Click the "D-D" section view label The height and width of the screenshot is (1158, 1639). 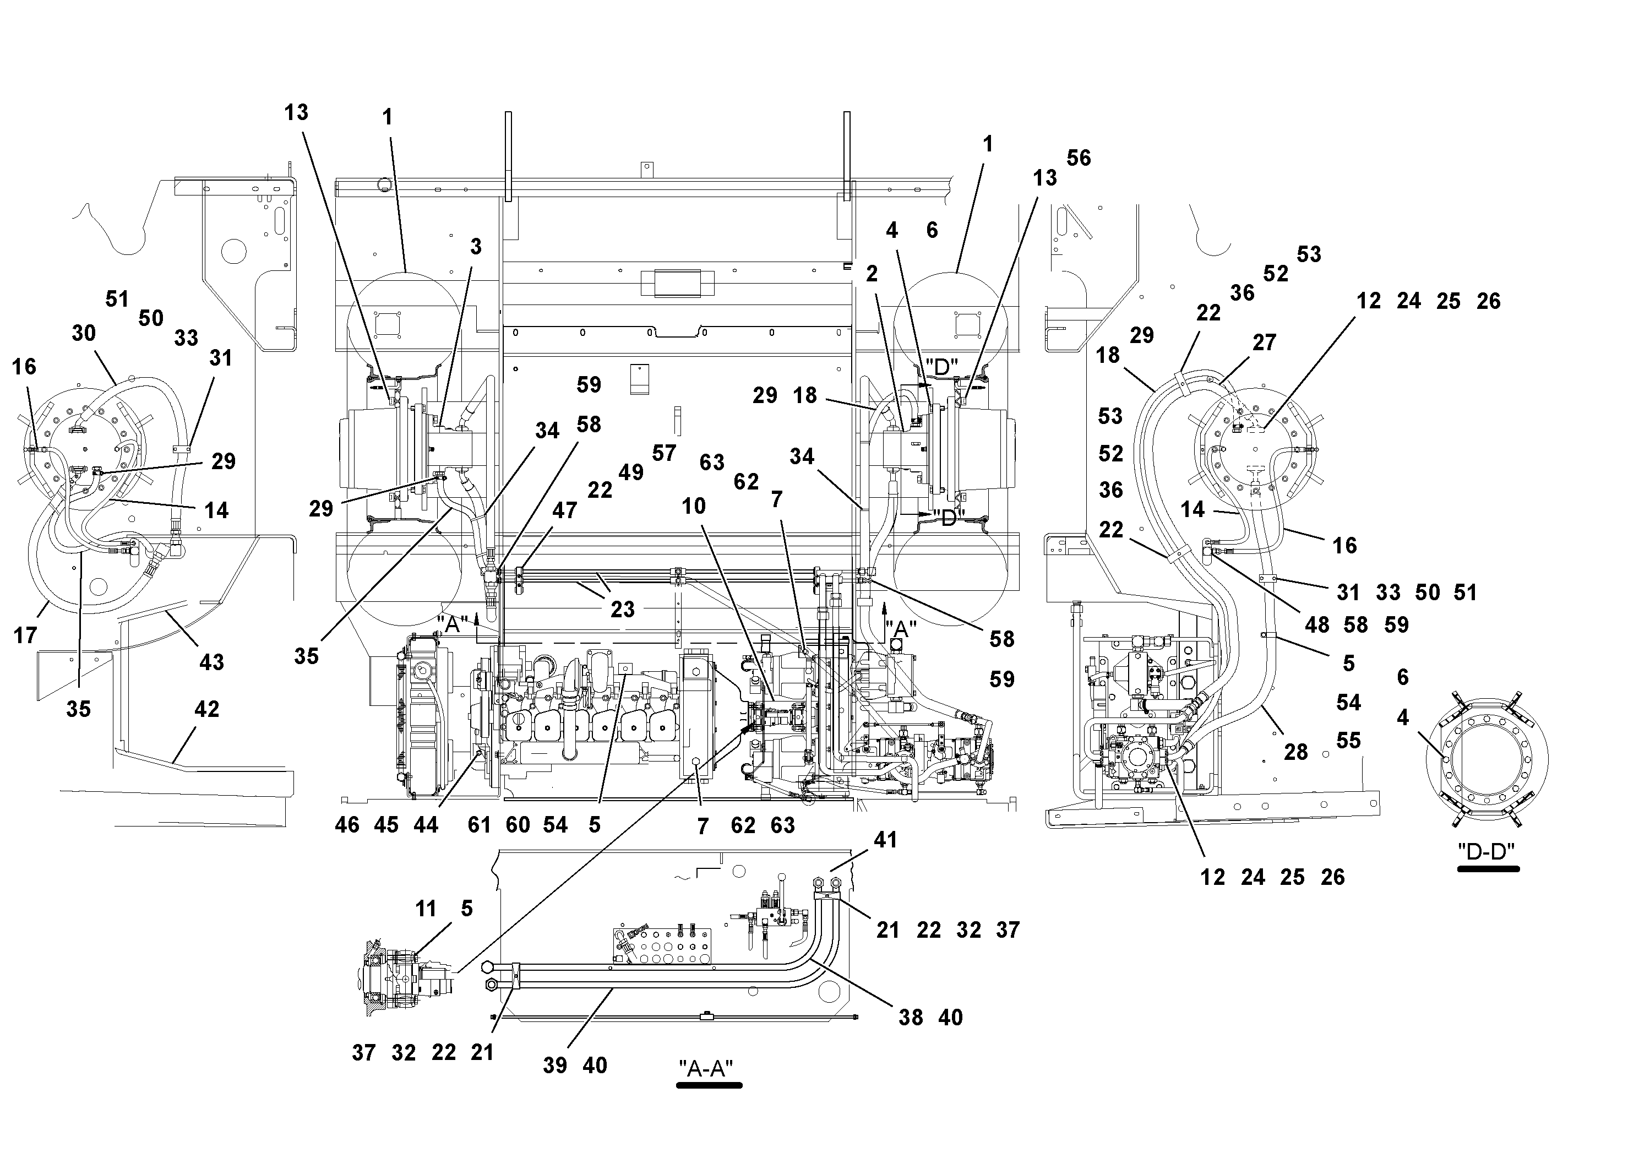[1487, 851]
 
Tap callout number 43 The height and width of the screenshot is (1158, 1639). [211, 662]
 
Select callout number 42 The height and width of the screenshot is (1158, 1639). [207, 709]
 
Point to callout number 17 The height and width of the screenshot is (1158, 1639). [25, 635]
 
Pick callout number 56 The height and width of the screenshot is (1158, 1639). [1079, 158]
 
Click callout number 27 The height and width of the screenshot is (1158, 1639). [1264, 342]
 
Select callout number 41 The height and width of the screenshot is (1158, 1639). [885, 840]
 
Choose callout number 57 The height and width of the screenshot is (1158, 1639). [663, 453]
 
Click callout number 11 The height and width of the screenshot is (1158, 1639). [426, 909]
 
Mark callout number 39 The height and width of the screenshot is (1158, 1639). [554, 1065]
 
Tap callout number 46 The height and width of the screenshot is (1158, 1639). [347, 825]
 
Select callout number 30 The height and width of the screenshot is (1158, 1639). [84, 332]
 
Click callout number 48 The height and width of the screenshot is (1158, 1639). [1316, 624]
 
